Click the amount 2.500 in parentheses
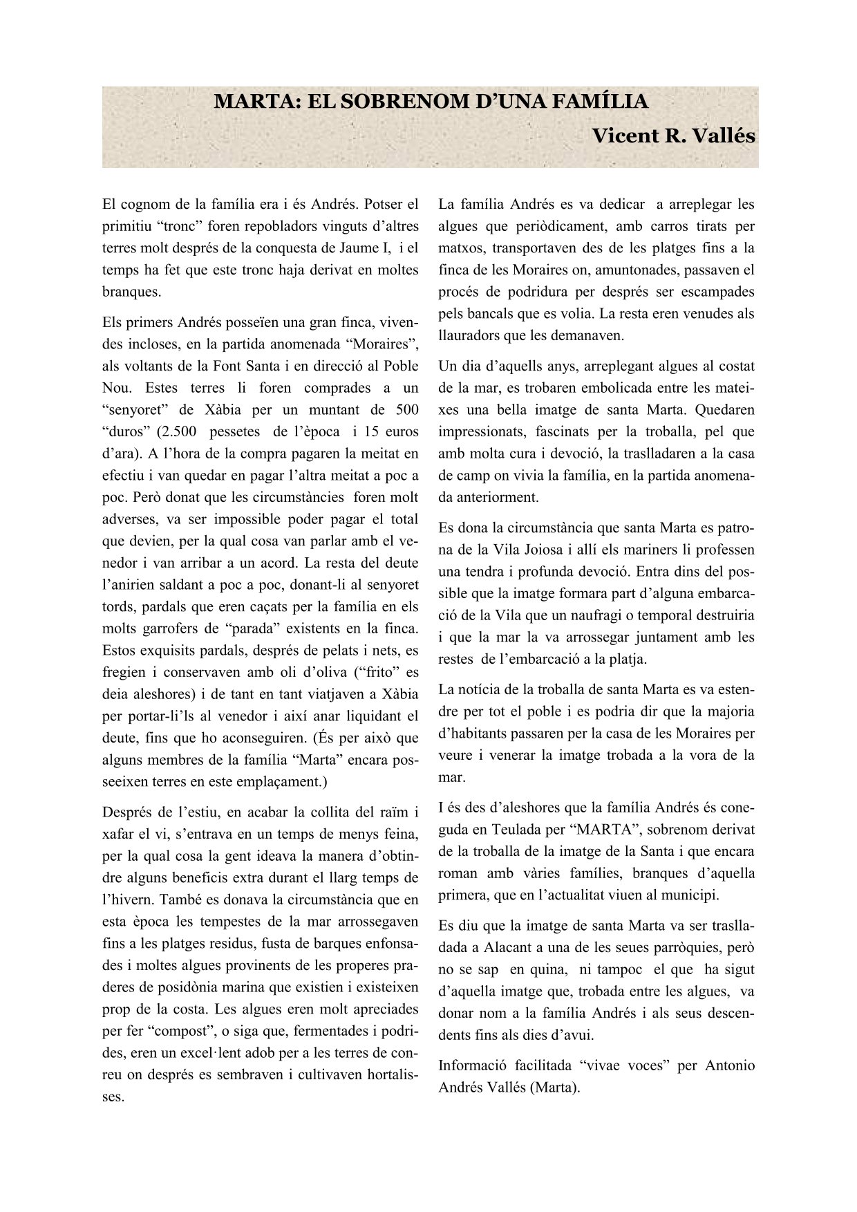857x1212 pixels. pyautogui.click(x=178, y=432)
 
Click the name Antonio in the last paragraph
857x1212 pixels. pyautogui.click(x=729, y=1065)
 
